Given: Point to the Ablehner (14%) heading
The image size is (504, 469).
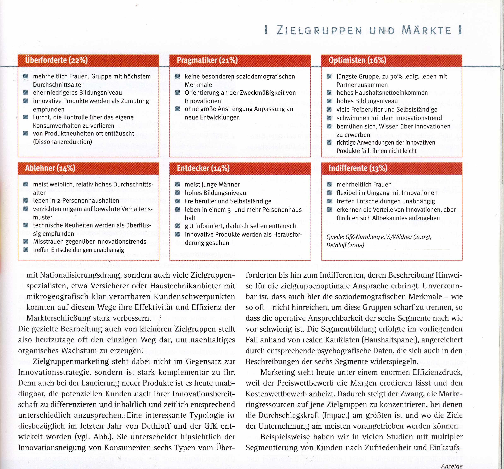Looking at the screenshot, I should (50, 168).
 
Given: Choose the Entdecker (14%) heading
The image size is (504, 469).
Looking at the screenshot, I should (203, 168).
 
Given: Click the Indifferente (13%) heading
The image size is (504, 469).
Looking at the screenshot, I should (358, 168).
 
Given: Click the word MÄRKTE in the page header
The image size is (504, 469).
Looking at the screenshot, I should (426, 30).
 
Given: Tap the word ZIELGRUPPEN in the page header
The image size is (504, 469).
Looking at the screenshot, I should (319, 30).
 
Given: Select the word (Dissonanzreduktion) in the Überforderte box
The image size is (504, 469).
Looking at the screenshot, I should (62, 142).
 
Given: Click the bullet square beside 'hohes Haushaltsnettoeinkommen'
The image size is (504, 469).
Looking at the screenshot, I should (329, 93).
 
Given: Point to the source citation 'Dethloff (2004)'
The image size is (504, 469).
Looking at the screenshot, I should (345, 245).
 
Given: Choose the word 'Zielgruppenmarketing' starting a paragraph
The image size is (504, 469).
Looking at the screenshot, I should (71, 361).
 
